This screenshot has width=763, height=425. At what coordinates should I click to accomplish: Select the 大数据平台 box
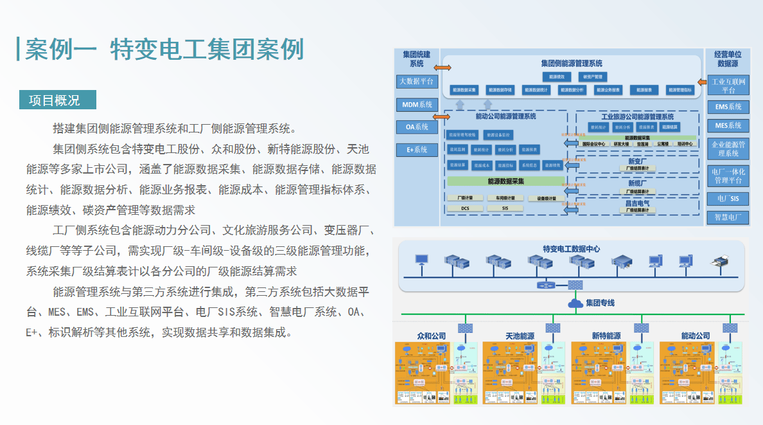(x=417, y=82)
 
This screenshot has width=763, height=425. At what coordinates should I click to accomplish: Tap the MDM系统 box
(x=417, y=105)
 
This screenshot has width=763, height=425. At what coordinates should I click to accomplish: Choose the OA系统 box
(x=417, y=127)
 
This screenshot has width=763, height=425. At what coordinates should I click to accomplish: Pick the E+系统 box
(x=417, y=150)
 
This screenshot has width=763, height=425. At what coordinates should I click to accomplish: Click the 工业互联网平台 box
(x=728, y=86)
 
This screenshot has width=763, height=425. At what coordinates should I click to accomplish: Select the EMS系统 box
(x=728, y=107)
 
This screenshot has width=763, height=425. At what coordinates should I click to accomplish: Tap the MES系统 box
(x=728, y=125)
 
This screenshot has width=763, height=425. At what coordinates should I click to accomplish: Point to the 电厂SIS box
(x=728, y=199)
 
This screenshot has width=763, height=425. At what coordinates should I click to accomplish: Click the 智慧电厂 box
(x=728, y=217)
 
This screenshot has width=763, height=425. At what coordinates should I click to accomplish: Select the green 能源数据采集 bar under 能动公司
(x=505, y=182)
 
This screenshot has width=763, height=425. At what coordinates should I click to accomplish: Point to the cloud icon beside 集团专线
(x=574, y=302)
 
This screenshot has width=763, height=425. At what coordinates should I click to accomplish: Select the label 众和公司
(x=432, y=336)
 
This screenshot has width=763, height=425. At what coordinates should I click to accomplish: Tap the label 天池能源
(x=520, y=336)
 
